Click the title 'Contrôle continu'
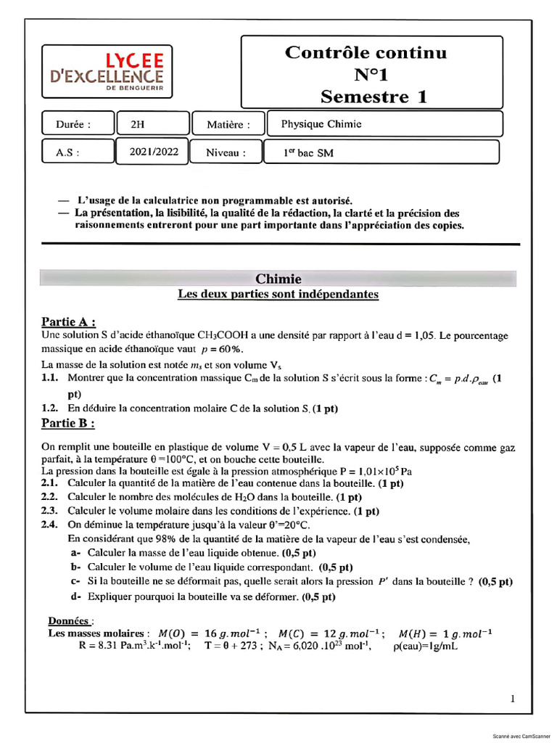pos(366,52)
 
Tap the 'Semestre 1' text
pos(374,96)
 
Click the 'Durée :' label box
pos(76,124)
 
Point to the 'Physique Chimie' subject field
pos(382,124)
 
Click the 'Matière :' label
pos(228,125)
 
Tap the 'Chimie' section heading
pos(278,279)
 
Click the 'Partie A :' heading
pos(69,321)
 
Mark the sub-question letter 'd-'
pos(75,596)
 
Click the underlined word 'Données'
pos(70,621)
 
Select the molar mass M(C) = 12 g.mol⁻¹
pos(331,633)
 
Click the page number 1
pos(513,699)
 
